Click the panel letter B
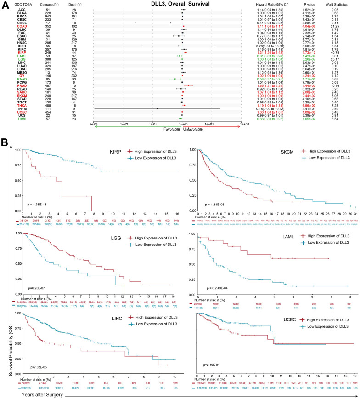coord(5,143)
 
